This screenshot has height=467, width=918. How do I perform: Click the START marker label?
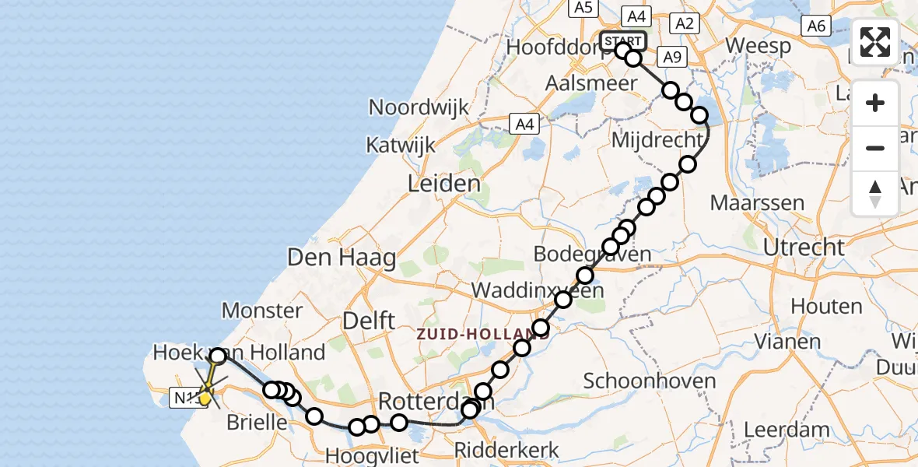[x=623, y=40]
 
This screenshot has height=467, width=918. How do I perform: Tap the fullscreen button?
[x=875, y=42]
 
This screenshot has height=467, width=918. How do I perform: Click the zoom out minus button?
[x=875, y=148]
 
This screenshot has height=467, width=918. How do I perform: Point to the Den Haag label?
[x=342, y=258]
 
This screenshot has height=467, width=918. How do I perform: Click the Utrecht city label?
[x=804, y=248]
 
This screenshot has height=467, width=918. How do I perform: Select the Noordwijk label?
[x=419, y=107]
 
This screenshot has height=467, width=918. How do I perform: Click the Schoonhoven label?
[x=649, y=381]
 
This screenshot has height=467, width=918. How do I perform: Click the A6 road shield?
[x=815, y=26]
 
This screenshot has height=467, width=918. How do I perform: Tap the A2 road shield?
[x=684, y=23]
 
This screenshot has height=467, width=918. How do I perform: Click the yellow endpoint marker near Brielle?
[x=205, y=398]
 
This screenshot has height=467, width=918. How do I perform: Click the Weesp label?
[x=759, y=45]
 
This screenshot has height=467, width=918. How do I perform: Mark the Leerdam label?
[x=787, y=429]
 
